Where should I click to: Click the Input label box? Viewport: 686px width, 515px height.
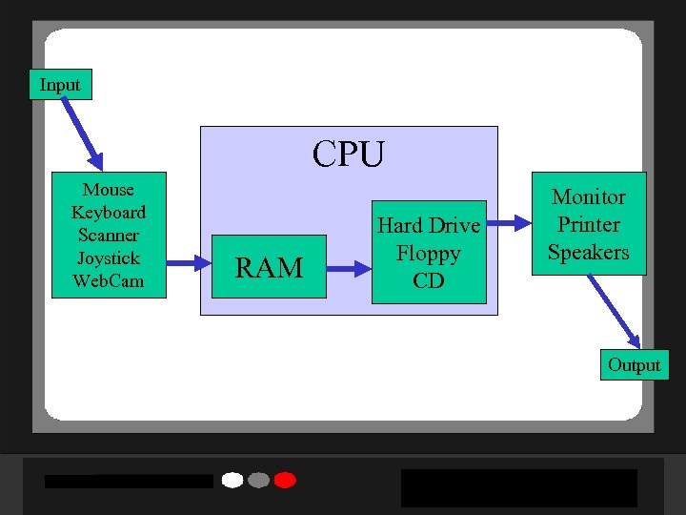pos(60,85)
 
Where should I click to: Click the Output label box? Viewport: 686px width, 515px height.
pos(634,365)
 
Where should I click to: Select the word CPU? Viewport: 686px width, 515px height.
pos(349,154)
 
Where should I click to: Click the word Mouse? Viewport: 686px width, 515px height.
pos(109,190)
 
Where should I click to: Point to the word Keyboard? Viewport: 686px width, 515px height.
pos(109,212)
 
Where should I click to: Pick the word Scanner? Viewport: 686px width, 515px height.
pos(109,235)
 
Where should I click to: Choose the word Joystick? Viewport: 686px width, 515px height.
pos(109,257)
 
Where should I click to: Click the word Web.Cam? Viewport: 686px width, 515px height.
pos(109,280)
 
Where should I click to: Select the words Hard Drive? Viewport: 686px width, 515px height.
pos(429,226)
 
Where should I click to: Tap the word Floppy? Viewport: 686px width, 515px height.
pos(429,254)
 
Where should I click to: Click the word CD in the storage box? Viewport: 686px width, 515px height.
pos(429,280)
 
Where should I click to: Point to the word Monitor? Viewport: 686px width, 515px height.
pos(589,197)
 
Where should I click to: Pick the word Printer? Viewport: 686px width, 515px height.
pos(589,225)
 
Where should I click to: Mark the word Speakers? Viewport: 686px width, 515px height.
pos(589,253)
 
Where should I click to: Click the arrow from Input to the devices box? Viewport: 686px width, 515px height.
pos(82,134)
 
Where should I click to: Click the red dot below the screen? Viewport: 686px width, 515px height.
pos(285,480)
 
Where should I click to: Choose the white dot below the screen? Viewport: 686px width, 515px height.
pos(232,480)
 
